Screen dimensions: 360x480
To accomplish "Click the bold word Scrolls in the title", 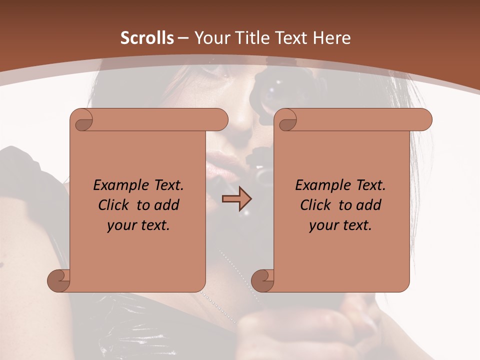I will click(x=147, y=38).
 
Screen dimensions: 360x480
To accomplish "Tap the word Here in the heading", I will click(x=332, y=38).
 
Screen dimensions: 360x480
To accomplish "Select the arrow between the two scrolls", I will click(x=236, y=199).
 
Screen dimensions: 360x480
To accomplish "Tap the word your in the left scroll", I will click(x=122, y=226).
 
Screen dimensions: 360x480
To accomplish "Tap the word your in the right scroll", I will click(x=324, y=226).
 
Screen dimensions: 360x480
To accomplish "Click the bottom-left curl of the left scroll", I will click(x=58, y=280).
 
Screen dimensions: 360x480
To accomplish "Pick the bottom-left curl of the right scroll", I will click(x=262, y=280).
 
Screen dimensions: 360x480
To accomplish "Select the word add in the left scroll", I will click(x=167, y=205).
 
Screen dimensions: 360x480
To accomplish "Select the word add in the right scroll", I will click(x=369, y=205).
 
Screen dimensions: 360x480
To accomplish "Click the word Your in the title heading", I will click(x=210, y=38).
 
